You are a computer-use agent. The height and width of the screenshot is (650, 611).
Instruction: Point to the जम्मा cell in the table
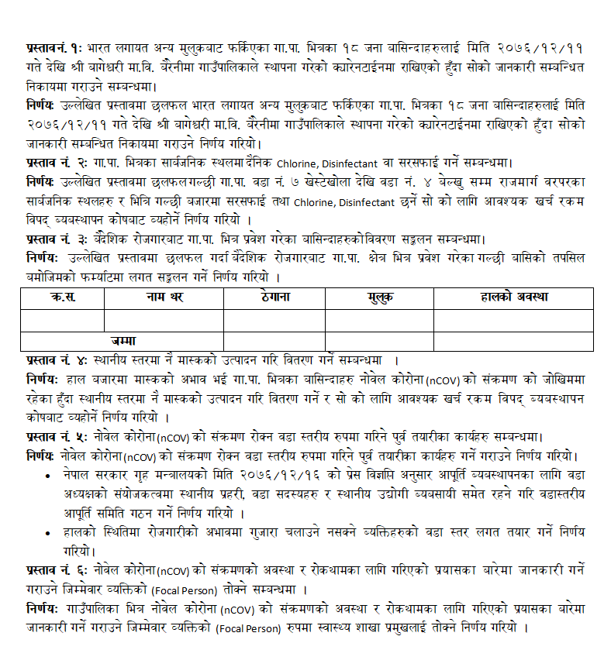point(123,341)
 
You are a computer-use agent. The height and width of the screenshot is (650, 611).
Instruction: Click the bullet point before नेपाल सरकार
point(48,475)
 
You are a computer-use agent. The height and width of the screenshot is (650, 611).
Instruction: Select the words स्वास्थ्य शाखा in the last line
point(370,626)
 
